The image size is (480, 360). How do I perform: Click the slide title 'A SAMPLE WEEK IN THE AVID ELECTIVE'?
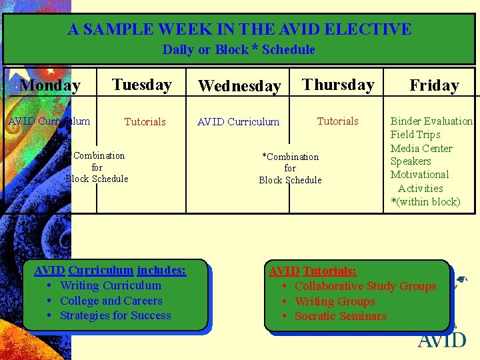tap(239, 29)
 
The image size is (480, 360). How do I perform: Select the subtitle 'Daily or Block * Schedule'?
tap(239, 49)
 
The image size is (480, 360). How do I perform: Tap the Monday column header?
tap(50, 85)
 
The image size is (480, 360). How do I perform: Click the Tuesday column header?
tap(142, 85)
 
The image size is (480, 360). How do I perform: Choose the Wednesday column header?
tap(239, 86)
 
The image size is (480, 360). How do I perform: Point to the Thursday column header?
tap(338, 85)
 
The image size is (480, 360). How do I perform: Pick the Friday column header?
tap(434, 85)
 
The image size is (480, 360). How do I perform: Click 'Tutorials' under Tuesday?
tap(145, 121)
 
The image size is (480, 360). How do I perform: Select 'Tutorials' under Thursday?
tap(337, 121)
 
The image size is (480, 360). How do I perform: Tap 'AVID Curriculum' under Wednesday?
tap(238, 121)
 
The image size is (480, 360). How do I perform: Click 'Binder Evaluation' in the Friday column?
tap(431, 121)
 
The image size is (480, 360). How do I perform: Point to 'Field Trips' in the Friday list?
tap(415, 134)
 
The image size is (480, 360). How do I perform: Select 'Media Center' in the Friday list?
tap(421, 148)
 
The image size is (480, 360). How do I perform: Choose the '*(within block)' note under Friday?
tap(425, 201)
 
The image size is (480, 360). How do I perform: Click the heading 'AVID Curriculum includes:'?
tap(110, 270)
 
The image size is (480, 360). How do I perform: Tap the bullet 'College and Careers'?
tap(111, 301)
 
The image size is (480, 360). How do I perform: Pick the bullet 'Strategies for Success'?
tap(115, 315)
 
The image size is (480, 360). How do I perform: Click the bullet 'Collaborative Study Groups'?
tap(365, 286)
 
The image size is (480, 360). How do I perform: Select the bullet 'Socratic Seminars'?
tap(340, 316)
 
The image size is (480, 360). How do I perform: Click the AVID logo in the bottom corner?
tap(442, 338)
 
